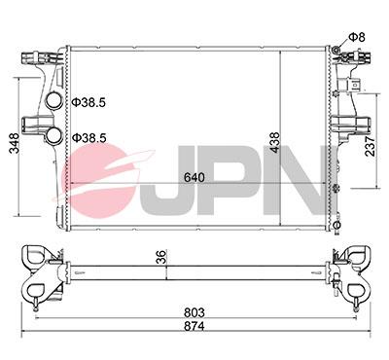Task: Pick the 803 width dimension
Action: point(194,312)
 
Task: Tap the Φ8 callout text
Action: point(356,38)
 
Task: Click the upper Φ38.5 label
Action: point(89,101)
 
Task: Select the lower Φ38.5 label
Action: point(89,138)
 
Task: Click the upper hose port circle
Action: point(55,98)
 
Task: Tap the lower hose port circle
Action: point(55,135)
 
